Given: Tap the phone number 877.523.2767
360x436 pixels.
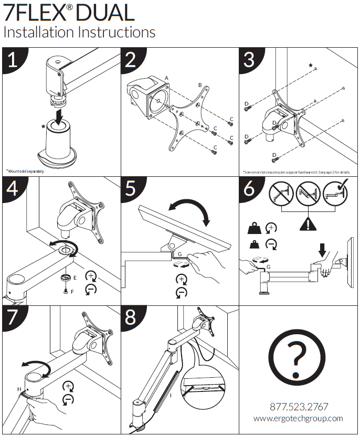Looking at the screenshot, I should coord(299,407).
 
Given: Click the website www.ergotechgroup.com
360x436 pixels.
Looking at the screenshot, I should coord(298,418).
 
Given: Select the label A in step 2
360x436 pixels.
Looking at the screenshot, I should coord(166,78).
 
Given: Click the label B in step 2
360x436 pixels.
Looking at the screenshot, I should coord(199,84).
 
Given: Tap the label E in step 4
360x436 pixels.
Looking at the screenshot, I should coord(74,276).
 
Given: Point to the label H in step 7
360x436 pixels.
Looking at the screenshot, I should coord(19,389).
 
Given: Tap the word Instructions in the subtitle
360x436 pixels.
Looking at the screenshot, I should coord(117,31).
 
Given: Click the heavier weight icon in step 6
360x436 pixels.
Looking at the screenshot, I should coord(255,229).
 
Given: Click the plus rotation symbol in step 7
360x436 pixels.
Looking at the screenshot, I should coord(68,387).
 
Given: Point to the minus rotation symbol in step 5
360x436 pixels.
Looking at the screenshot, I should coord(181,292).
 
